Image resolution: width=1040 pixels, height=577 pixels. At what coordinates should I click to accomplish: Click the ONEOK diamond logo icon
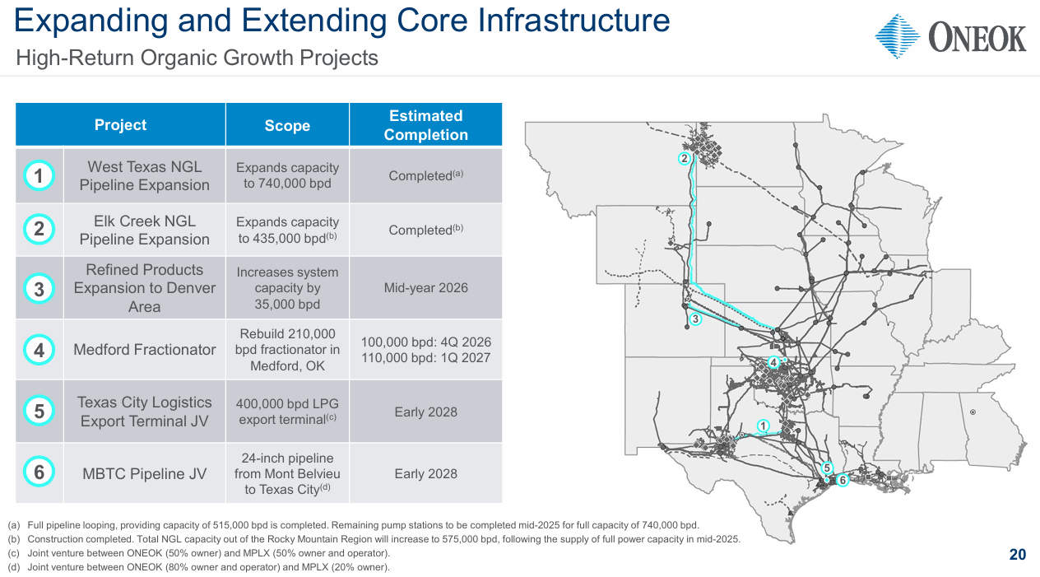coord(897,36)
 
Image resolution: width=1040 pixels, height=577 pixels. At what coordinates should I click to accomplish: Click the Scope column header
coord(287,125)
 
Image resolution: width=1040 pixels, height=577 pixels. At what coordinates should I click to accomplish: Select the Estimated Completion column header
coord(425,125)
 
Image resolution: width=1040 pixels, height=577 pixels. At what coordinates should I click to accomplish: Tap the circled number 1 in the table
coord(39,175)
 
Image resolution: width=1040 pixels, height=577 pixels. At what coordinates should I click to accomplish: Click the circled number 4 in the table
coord(39,350)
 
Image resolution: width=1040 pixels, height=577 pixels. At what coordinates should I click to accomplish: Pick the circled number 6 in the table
coord(39,472)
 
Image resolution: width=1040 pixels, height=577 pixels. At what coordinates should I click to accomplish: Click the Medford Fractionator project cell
coord(144,349)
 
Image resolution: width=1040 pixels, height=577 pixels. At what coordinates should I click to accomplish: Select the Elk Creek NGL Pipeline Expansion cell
coord(144,230)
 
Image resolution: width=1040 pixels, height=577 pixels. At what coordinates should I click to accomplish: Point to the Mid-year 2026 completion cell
coord(425,287)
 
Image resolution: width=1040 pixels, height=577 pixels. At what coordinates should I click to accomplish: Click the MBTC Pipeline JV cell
coord(144,473)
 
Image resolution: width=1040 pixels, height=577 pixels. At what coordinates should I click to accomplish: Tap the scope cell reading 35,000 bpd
coord(287,287)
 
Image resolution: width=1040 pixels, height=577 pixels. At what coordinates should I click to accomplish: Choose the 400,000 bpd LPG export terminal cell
coord(287,412)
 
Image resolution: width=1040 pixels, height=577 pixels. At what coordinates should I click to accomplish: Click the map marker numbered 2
coord(684,159)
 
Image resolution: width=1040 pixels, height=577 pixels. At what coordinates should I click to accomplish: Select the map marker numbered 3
coord(695,319)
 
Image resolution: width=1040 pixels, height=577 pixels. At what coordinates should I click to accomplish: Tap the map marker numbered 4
coord(773,362)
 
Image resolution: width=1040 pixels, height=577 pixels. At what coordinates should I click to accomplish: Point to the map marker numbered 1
coord(763,426)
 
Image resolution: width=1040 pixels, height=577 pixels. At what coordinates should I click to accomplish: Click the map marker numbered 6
coord(843,481)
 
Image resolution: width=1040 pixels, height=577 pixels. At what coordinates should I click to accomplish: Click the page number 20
coord(1018,555)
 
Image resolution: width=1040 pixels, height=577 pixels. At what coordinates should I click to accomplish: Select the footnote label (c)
coord(13,553)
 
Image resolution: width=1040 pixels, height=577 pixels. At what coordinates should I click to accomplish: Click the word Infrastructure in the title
coord(573,21)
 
